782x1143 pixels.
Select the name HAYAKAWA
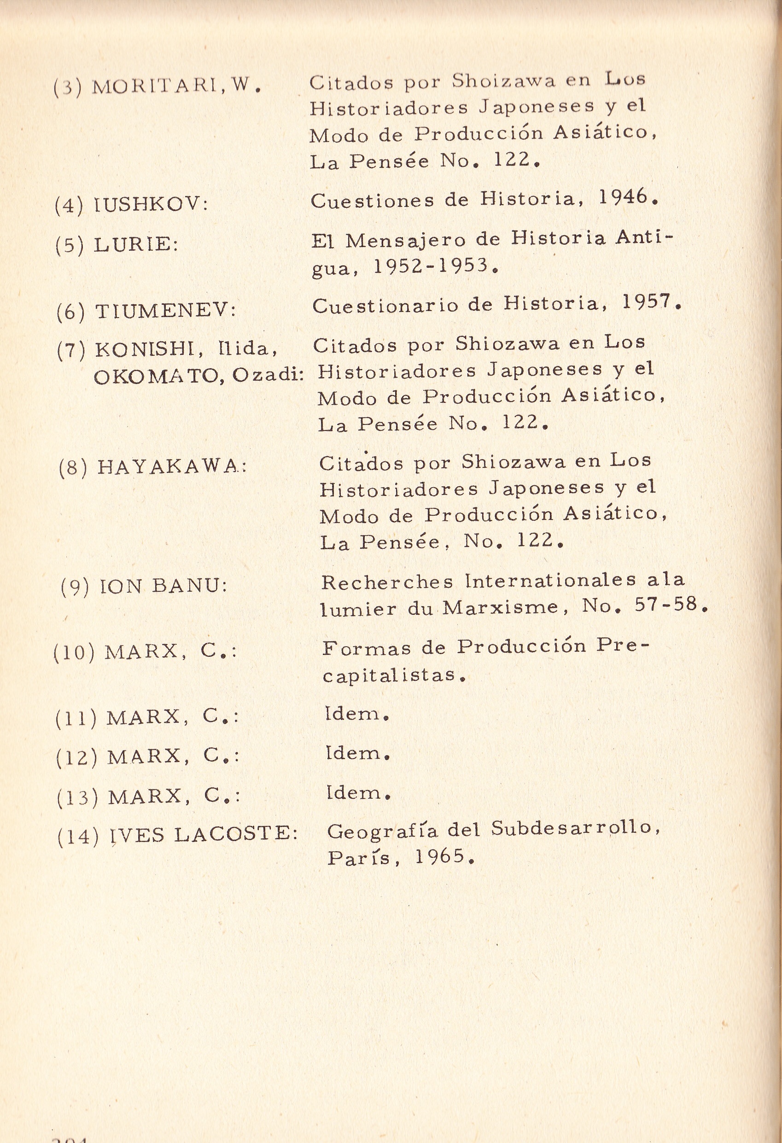tap(168, 467)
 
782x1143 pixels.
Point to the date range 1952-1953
tap(431, 266)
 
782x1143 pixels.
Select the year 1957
tap(646, 301)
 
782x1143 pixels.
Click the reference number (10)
tap(74, 653)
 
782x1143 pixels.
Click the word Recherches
tap(387, 582)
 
